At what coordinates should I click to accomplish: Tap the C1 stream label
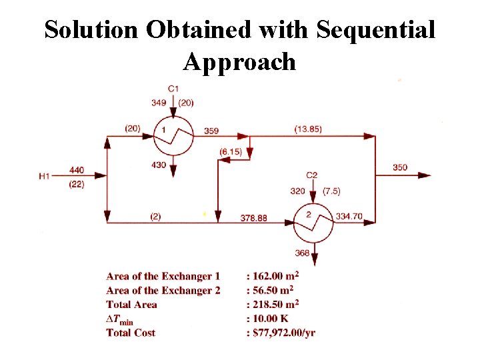pyautogui.click(x=173, y=88)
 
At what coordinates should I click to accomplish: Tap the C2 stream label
pyautogui.click(x=312, y=175)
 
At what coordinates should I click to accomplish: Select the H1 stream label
pyautogui.click(x=45, y=176)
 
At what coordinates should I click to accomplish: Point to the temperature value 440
pyautogui.click(x=76, y=170)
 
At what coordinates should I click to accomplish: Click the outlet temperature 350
pyautogui.click(x=400, y=167)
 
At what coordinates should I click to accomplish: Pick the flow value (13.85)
pyautogui.click(x=308, y=129)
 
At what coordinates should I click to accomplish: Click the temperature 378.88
pyautogui.click(x=254, y=218)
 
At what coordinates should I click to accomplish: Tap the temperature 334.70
pyautogui.click(x=349, y=216)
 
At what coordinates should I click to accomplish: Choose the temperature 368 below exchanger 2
pyautogui.click(x=302, y=253)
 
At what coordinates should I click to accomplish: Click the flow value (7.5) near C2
pyautogui.click(x=331, y=191)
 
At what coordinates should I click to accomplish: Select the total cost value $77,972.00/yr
pyautogui.click(x=283, y=333)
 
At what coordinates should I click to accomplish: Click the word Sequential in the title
pyautogui.click(x=376, y=29)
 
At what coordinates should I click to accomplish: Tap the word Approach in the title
pyautogui.click(x=239, y=62)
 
